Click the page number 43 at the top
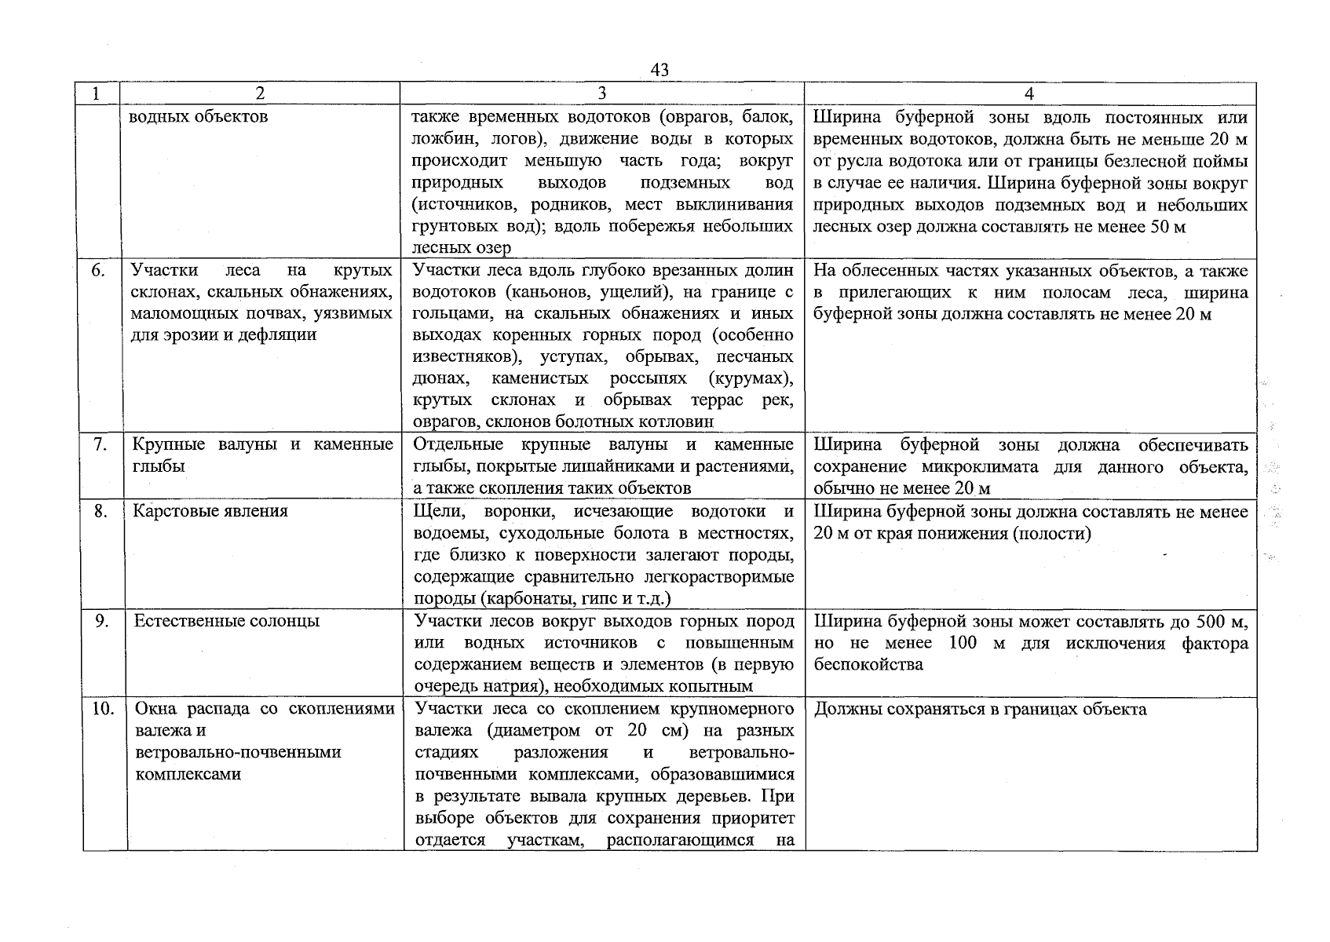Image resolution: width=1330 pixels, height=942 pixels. pyautogui.click(x=660, y=71)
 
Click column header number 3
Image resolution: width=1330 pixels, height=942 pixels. pyautogui.click(x=601, y=93)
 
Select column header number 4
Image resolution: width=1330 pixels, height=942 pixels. pyautogui.click(x=1029, y=93)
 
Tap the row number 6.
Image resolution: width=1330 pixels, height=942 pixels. pyautogui.click(x=98, y=271)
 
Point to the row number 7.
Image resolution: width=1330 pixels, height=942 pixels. pyautogui.click(x=100, y=445)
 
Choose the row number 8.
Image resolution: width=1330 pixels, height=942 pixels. pyautogui.click(x=100, y=511)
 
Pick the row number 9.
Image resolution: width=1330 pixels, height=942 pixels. pyautogui.click(x=101, y=621)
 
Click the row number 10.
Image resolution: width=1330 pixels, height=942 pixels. pyautogui.click(x=103, y=709)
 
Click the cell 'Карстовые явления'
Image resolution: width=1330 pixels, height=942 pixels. pyautogui.click(x=210, y=511)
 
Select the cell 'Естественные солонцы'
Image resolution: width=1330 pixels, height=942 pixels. pyautogui.click(x=227, y=621)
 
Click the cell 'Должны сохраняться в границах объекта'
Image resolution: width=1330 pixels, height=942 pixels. pyautogui.click(x=981, y=710)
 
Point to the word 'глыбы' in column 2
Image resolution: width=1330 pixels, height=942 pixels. pyautogui.click(x=159, y=466)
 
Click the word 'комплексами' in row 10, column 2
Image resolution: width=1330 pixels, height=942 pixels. pyautogui.click(x=188, y=774)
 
